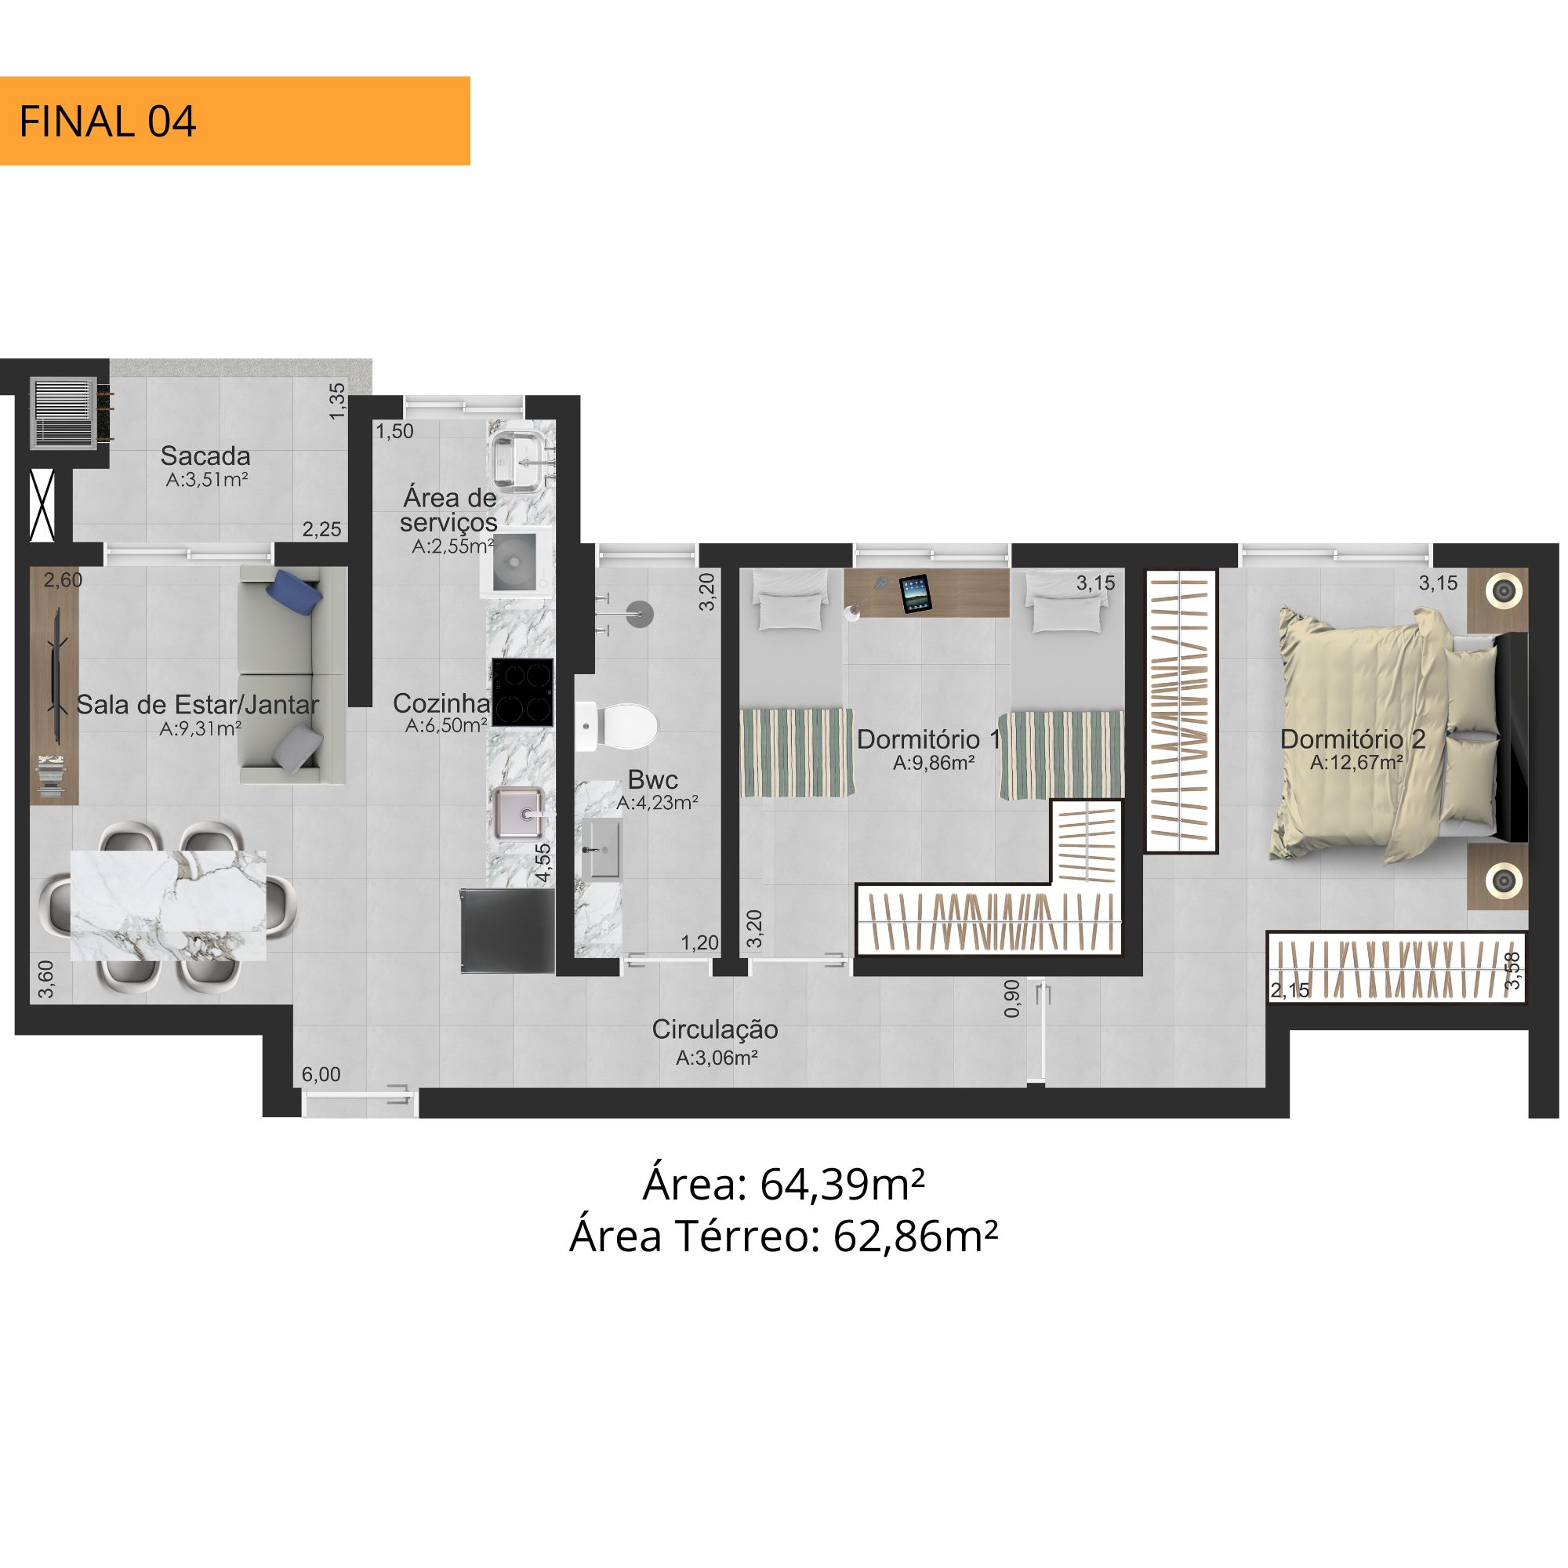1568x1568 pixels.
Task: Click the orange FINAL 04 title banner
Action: coord(234,121)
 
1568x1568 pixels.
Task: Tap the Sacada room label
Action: coord(205,456)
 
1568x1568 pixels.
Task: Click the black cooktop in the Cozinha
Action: coord(523,691)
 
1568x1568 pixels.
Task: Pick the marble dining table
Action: coord(169,905)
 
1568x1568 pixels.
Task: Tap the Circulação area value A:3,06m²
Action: coord(717,1058)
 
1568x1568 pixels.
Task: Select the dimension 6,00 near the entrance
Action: coord(321,1075)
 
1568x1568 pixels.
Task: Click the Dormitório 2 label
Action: coord(1353,739)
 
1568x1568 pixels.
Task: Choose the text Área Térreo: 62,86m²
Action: coord(784,1236)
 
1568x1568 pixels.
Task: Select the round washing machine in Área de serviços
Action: coord(516,561)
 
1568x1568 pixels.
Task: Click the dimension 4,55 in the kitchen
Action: coord(543,862)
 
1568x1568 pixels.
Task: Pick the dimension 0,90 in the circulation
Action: coord(1011,998)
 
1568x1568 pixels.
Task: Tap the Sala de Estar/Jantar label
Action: coord(198,705)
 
